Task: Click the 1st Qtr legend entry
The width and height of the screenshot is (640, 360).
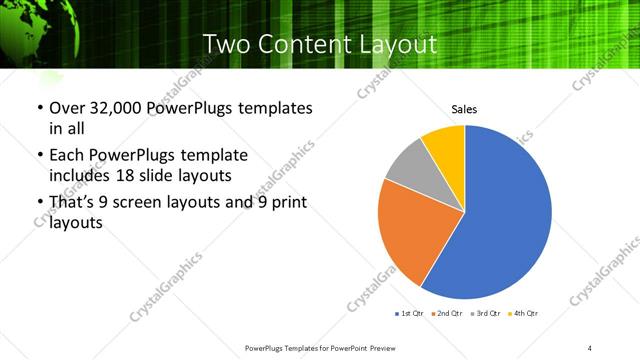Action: click(411, 314)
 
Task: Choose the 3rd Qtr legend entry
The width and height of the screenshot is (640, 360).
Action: click(486, 314)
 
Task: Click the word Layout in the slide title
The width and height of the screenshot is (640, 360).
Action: click(393, 44)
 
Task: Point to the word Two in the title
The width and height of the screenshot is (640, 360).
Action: click(226, 44)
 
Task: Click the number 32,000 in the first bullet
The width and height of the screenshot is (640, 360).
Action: click(113, 108)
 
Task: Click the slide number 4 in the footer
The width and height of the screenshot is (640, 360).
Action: click(590, 347)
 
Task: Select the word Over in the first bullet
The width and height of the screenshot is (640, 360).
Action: click(67, 108)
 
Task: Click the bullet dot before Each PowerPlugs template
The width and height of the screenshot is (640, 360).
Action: click(39, 156)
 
